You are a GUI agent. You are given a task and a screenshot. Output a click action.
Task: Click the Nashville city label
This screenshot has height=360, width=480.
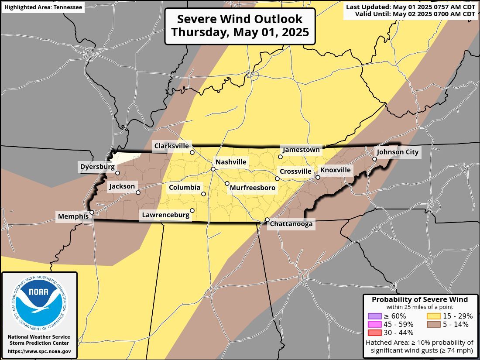(231, 162)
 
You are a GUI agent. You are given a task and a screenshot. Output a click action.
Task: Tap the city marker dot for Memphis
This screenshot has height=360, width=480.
(92, 213)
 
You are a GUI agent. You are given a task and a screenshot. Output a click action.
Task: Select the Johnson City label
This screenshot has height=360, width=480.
(397, 152)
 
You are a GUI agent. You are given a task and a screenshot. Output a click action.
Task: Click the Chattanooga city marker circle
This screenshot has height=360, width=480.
(267, 219)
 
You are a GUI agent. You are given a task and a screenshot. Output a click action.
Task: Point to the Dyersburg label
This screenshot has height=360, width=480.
(97, 166)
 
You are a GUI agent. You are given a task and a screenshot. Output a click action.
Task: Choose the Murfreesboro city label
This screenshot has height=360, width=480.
(253, 188)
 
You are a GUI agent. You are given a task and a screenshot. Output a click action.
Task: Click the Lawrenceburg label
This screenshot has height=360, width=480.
(165, 215)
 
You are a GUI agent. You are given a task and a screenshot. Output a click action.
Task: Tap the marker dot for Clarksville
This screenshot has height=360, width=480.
(192, 152)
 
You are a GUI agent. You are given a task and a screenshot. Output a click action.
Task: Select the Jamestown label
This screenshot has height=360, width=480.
(301, 150)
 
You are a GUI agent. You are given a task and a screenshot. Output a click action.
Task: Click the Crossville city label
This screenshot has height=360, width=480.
(295, 171)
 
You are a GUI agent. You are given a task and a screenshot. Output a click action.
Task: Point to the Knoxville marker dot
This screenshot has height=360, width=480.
(318, 177)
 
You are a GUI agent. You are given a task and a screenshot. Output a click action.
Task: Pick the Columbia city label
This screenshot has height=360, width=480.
(184, 188)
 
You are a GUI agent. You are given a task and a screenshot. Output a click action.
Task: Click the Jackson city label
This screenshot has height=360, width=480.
(122, 186)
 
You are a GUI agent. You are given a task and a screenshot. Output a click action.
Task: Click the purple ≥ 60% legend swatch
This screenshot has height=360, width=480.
(375, 316)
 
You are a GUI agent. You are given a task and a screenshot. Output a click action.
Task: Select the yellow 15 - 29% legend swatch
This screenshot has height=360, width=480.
(434, 316)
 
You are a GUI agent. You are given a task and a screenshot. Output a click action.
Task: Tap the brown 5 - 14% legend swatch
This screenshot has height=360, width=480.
(434, 324)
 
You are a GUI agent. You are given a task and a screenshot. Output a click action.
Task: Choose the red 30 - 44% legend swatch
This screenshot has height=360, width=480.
(375, 333)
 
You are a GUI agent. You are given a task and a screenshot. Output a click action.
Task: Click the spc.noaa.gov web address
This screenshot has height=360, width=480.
(39, 351)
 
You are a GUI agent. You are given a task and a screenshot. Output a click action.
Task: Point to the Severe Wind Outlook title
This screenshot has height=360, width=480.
(240, 26)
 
